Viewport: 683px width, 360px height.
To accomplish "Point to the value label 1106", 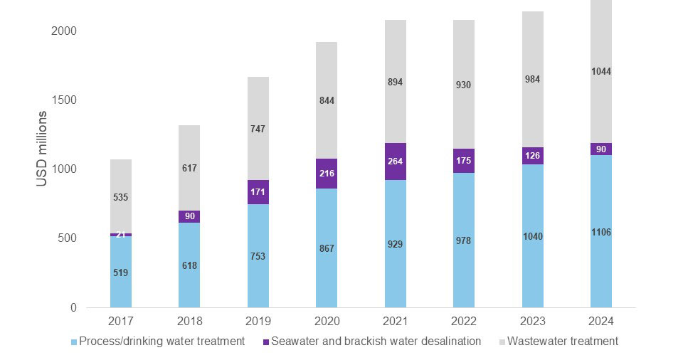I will coord(601,233).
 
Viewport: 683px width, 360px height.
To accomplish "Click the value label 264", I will coord(396,162).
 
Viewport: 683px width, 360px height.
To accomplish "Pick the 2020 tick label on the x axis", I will coord(327,322).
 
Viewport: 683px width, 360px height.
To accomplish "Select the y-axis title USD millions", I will coord(42,149).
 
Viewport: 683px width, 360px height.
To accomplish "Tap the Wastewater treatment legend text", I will coord(563,342).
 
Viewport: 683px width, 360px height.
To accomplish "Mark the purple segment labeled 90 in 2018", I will coord(189,216).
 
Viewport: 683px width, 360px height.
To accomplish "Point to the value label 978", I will coord(464,240).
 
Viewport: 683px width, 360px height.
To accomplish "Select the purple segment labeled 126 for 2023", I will coord(533,156).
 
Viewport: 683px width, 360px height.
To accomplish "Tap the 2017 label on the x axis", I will coord(121,322).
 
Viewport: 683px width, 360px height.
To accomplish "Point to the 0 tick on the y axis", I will coord(73,307).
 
